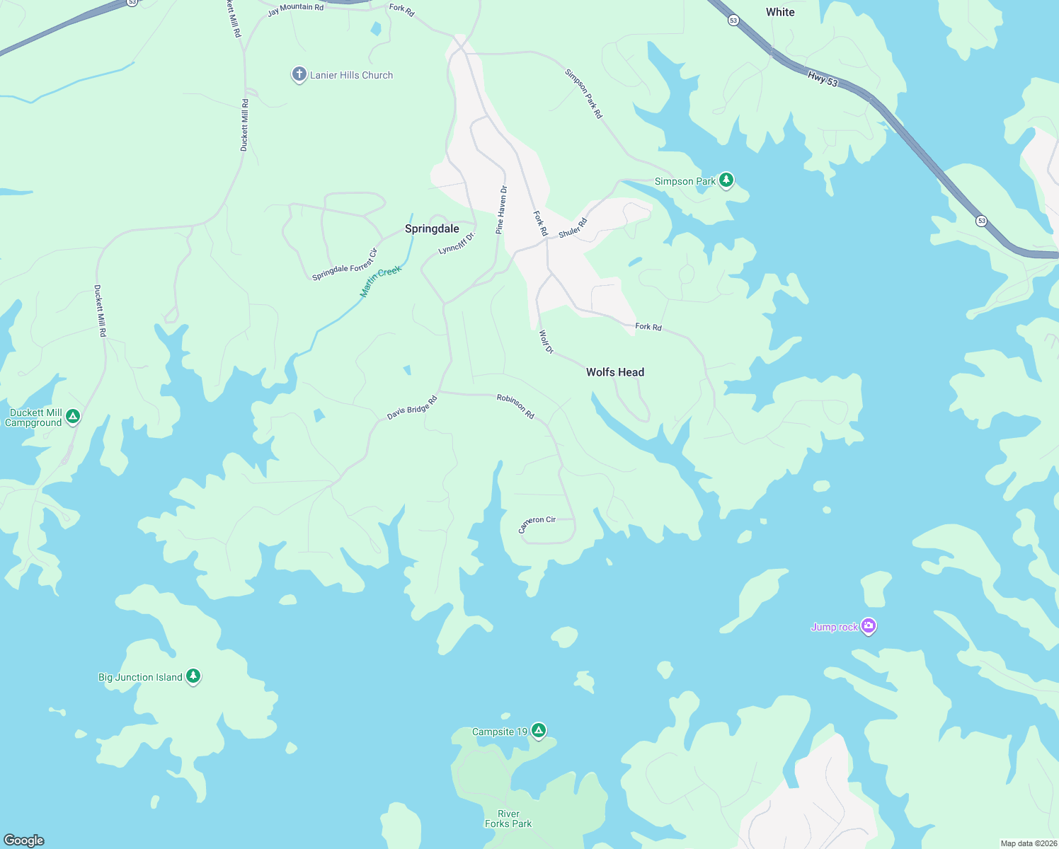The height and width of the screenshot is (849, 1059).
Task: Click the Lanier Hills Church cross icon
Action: pos(299,74)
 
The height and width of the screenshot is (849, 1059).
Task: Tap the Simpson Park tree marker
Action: pos(726,180)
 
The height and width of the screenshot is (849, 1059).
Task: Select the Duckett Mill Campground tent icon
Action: pos(73,417)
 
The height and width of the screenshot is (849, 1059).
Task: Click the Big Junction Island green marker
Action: pos(193,676)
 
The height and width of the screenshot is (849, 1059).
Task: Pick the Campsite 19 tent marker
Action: pos(539,730)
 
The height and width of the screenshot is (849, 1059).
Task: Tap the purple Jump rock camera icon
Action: pos(869,626)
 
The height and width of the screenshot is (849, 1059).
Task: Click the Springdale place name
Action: pos(432,229)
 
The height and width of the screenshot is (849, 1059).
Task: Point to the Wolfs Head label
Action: pos(615,372)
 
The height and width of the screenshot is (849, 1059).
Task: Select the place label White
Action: pos(780,12)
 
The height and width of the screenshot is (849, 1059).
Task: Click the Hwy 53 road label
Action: pos(823,79)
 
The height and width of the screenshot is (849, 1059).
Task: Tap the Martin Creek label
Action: pos(381,281)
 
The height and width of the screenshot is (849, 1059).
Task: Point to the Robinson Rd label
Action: pos(515,406)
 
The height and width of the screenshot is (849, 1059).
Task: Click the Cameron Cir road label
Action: pos(537,523)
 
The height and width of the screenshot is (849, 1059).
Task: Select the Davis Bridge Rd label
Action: pos(412,408)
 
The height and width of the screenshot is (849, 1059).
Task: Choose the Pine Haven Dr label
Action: pos(501,210)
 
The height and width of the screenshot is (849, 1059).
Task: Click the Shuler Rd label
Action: pos(573,228)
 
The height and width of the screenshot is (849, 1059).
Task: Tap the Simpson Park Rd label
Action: pos(583,93)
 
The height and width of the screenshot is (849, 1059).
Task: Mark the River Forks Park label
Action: pos(508,819)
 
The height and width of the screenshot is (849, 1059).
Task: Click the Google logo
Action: pos(23,840)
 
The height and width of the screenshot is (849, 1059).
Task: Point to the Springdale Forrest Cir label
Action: pos(345,265)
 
